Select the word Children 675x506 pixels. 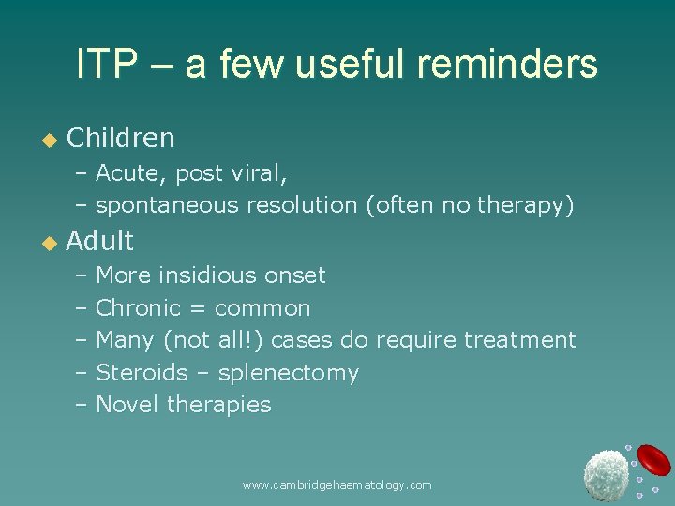click(121, 138)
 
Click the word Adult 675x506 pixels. click(100, 241)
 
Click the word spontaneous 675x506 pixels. click(167, 205)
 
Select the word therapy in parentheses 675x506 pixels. click(526, 205)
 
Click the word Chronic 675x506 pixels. click(138, 307)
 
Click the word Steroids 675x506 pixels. click(142, 373)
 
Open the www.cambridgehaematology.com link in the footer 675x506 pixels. click(337, 485)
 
